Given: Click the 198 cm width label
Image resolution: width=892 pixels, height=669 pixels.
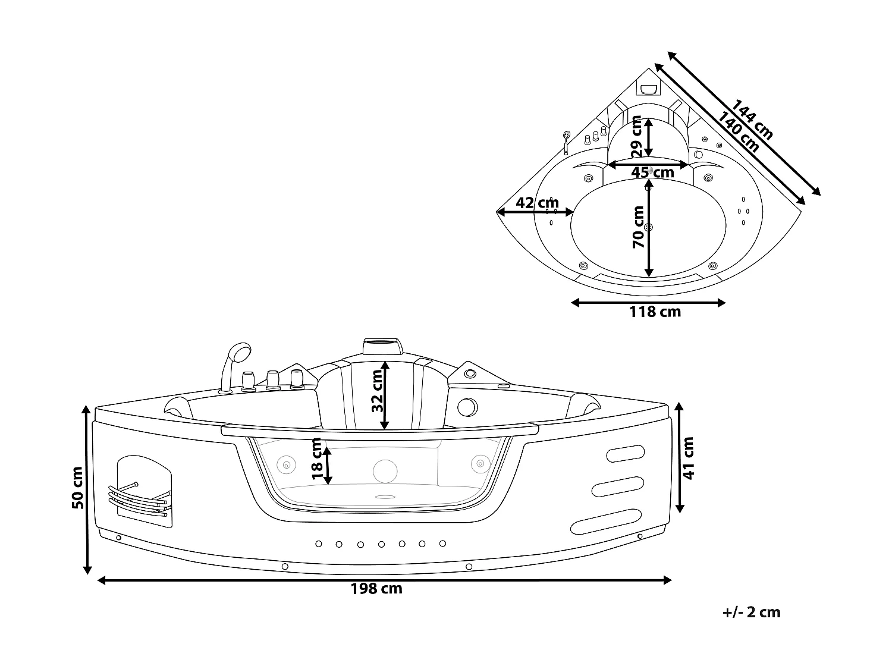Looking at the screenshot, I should [x=376, y=589].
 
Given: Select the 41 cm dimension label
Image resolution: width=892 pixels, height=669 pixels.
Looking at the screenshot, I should [x=689, y=458].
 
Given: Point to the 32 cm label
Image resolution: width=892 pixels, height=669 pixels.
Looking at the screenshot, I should [x=377, y=391].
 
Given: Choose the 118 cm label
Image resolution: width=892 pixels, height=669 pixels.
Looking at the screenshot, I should [x=655, y=311].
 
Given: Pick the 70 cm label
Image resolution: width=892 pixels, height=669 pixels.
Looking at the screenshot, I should [x=638, y=227].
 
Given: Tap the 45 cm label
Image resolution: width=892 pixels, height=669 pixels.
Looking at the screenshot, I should [x=652, y=172].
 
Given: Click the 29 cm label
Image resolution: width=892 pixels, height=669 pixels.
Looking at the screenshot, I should [x=637, y=137].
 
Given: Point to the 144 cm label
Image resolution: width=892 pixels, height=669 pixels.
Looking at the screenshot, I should [x=752, y=120].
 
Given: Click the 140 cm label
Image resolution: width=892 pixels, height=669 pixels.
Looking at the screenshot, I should [x=738, y=132].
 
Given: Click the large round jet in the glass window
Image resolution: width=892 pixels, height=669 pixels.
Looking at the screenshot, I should [x=385, y=470].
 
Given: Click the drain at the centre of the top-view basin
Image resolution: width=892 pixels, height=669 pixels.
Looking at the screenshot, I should [x=649, y=227].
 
